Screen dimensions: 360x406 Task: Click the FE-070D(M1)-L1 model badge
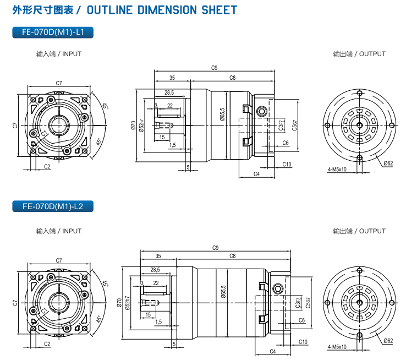pyautogui.click(x=53, y=32)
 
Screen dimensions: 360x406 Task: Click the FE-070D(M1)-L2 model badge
pyautogui.click(x=53, y=207)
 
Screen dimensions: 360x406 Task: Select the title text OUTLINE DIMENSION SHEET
pyautogui.click(x=162, y=10)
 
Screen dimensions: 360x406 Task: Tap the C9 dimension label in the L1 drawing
pyautogui.click(x=215, y=68)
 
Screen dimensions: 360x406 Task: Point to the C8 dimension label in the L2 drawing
pyautogui.click(x=233, y=256)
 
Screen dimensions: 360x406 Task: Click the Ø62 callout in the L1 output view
pyautogui.click(x=388, y=163)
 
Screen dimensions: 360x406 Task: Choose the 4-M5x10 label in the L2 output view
pyautogui.click(x=337, y=347)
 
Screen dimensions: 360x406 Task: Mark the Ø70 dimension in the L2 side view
pyautogui.click(x=119, y=303)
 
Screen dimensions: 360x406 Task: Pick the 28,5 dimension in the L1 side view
pyautogui.click(x=169, y=92)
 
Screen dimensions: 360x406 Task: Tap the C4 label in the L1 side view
pyautogui.click(x=256, y=174)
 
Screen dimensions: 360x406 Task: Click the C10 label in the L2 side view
pyautogui.click(x=303, y=342)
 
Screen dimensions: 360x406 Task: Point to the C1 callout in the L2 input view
pyautogui.click(x=44, y=310)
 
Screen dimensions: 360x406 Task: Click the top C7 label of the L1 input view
pyautogui.click(x=59, y=83)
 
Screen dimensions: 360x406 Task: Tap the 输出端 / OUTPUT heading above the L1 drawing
pyautogui.click(x=359, y=54)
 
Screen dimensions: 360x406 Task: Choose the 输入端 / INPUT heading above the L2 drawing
pyautogui.click(x=59, y=231)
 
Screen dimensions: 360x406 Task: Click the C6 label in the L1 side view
pyautogui.click(x=286, y=143)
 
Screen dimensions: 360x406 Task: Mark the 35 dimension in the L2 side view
pyautogui.click(x=158, y=256)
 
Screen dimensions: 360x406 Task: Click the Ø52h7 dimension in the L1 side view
pyautogui.click(x=142, y=126)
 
